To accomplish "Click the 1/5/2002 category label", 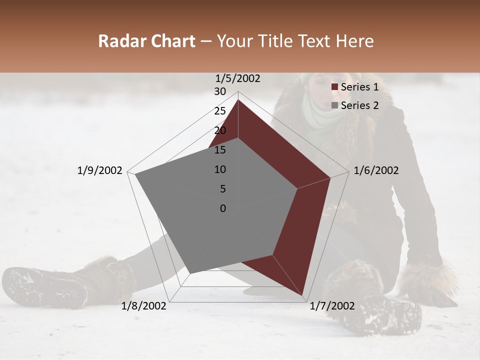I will (x=237, y=78).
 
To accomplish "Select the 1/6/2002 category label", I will (x=376, y=170).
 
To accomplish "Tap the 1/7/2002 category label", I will (x=332, y=306).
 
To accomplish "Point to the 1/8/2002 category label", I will (x=144, y=306).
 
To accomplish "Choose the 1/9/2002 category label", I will (x=99, y=170).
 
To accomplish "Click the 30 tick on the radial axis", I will (x=220, y=91).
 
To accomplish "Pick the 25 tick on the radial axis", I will (x=220, y=111).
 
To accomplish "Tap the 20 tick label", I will (x=220, y=130).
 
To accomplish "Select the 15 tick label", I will (x=220, y=150).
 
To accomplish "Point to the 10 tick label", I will (x=220, y=169).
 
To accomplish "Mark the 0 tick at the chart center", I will (x=223, y=208).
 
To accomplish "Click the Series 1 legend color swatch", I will (x=334, y=87).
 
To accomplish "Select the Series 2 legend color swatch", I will (x=334, y=105).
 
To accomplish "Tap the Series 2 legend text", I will (x=359, y=105).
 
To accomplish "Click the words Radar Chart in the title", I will (x=146, y=41).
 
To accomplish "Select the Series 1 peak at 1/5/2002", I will (x=238, y=99).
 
